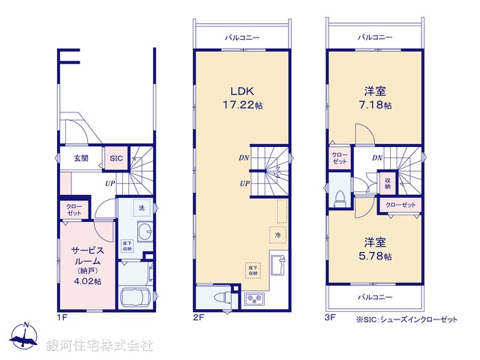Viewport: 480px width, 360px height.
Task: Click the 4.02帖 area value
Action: [87, 281]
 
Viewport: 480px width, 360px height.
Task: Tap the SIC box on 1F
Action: [116, 158]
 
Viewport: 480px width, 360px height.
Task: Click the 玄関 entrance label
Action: [81, 158]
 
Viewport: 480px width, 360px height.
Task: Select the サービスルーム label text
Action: [87, 255]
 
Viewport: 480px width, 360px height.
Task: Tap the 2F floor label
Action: [198, 317]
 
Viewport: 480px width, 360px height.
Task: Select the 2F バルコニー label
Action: [241, 36]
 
